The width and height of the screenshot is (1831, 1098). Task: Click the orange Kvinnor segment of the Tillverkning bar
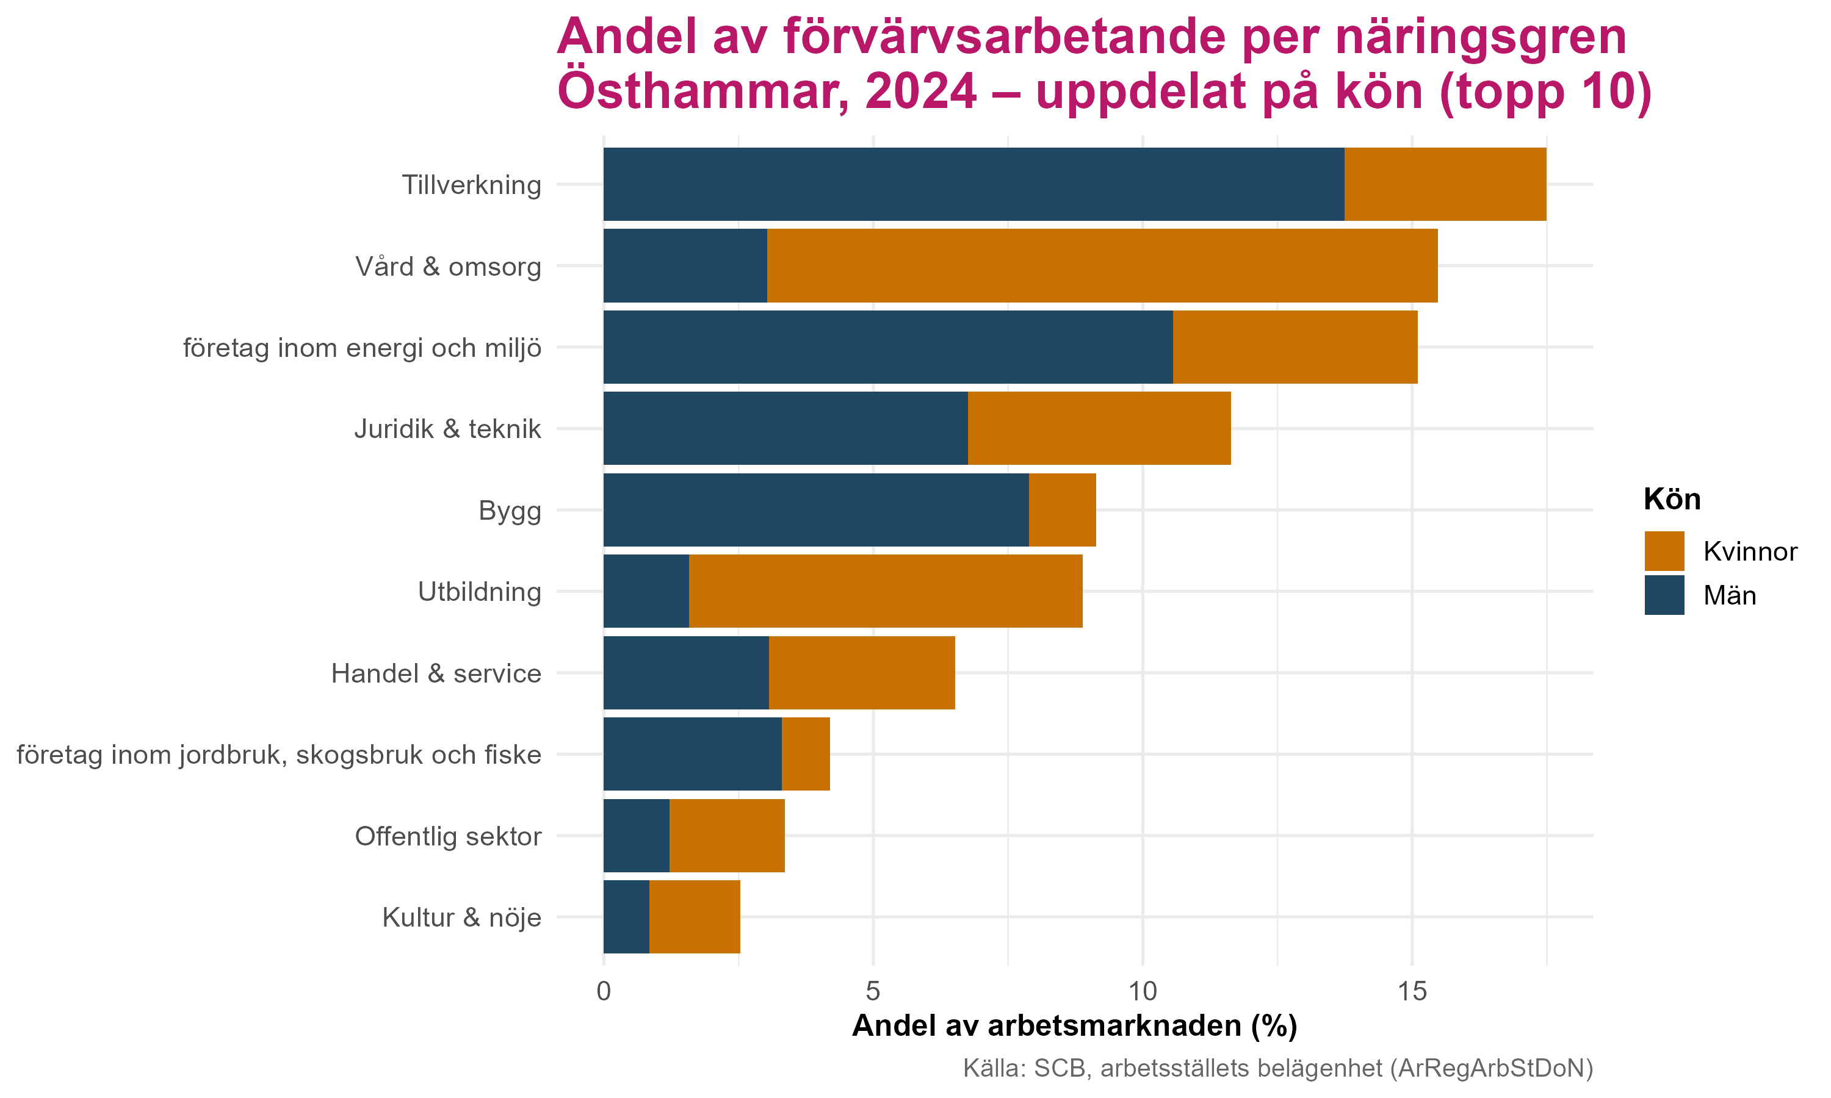click(x=1445, y=184)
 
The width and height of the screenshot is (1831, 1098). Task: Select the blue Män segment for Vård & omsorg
click(x=685, y=265)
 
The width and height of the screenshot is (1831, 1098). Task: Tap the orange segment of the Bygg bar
click(x=1062, y=510)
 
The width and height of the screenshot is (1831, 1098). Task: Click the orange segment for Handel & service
click(x=861, y=673)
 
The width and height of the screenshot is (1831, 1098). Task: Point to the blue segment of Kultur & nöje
click(x=626, y=917)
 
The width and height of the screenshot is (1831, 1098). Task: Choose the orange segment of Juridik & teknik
click(x=1099, y=428)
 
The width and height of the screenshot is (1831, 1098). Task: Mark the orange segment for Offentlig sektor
click(x=727, y=835)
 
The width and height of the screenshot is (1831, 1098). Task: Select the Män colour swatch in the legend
click(x=1664, y=595)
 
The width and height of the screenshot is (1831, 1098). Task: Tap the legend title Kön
click(x=1672, y=500)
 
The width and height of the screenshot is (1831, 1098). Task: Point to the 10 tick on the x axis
click(x=1143, y=991)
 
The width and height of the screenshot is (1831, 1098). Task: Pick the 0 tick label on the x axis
click(x=604, y=991)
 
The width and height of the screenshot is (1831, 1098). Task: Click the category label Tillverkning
click(x=471, y=185)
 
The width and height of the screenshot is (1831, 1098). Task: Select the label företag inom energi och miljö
click(x=362, y=348)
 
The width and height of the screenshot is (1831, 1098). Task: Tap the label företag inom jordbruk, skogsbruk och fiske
click(x=278, y=755)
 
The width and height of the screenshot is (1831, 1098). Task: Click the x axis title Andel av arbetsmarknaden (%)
click(x=1075, y=1026)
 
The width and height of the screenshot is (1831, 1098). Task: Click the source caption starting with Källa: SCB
click(x=1277, y=1068)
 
